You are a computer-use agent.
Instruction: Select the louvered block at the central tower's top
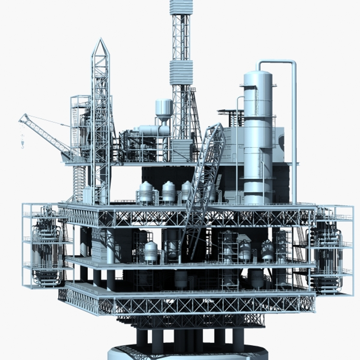181,7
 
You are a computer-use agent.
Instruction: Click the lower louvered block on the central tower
181,72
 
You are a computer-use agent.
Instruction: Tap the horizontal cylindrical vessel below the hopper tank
152,130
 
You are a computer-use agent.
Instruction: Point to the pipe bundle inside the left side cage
47,253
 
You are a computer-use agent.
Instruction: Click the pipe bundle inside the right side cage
327,257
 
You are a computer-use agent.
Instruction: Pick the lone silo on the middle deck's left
151,252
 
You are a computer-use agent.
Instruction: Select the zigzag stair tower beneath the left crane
79,183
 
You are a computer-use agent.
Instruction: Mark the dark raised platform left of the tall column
230,113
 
